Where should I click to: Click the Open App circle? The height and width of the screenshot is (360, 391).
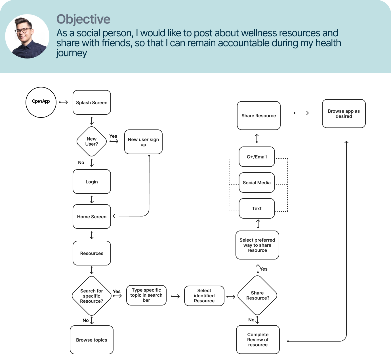coord(41,102)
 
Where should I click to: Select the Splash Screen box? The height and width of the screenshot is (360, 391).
coord(92,102)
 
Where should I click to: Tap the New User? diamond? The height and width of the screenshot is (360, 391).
coord(92,141)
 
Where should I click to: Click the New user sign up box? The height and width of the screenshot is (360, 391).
coord(143,142)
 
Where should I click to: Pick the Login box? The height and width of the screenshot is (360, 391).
coord(92,182)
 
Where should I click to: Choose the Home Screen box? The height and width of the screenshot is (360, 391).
coord(92,217)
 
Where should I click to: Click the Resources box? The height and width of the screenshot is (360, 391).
coord(92,253)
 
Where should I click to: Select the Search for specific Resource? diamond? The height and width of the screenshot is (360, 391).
coord(92,296)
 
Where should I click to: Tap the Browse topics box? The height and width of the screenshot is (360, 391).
coord(92,340)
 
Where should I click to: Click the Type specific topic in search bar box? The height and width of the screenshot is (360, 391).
coord(146,295)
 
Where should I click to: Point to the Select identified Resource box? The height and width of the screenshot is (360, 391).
coord(204,296)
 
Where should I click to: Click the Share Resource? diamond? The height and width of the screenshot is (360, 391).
coord(257,296)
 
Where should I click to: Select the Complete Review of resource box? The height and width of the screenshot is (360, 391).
coord(258,340)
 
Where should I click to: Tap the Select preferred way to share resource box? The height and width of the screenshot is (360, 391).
coord(257,245)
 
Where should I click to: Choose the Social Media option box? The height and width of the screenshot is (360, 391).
coord(257,183)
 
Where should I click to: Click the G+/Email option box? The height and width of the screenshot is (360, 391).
coord(257,157)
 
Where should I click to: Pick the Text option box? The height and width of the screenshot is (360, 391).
coord(257,208)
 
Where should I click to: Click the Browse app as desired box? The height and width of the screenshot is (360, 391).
coord(344,114)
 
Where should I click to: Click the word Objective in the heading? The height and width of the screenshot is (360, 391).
coord(83,19)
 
